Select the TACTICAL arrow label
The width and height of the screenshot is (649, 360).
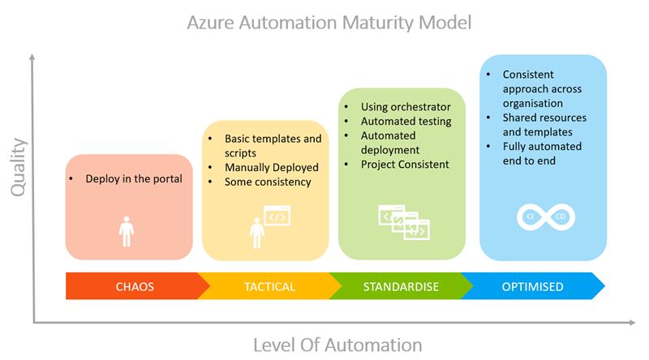(269, 287)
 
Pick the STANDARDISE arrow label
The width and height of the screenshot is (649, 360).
(400, 287)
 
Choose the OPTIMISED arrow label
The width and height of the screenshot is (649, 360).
(532, 287)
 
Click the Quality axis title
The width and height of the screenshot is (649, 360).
(18, 167)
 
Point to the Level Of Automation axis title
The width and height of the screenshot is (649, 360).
(337, 344)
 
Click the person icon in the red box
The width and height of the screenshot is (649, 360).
(126, 229)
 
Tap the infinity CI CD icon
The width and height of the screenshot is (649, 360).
(542, 217)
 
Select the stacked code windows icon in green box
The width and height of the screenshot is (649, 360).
(403, 221)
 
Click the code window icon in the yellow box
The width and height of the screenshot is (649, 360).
(277, 217)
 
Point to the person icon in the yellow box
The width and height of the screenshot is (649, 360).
(257, 233)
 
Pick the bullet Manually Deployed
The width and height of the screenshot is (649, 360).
(272, 167)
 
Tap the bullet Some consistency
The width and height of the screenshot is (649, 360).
(268, 182)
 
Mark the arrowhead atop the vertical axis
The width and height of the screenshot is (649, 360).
(33, 58)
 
